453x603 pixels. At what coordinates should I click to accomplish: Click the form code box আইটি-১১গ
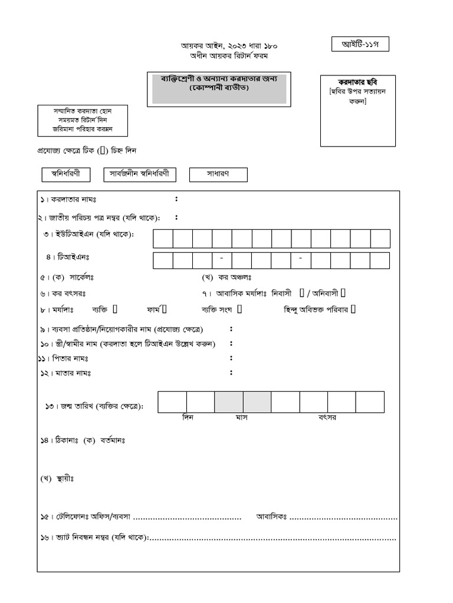[360, 44]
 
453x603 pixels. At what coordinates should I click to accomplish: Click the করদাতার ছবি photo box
[358, 111]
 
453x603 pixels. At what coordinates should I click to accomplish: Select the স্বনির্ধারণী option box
[65, 174]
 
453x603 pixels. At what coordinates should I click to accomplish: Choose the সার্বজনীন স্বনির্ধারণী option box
[140, 174]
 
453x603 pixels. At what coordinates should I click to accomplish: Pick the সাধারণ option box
[218, 174]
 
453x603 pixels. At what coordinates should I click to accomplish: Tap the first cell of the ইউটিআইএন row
[163, 239]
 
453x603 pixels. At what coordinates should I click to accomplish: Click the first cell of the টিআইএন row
[163, 260]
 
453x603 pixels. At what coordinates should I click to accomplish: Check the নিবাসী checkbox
[302, 293]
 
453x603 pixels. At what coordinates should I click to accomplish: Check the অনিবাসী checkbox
[343, 293]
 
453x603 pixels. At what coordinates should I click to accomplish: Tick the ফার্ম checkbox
[165, 309]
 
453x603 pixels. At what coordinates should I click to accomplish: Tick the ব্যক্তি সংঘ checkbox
[240, 309]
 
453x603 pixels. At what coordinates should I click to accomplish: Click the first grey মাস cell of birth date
[229, 402]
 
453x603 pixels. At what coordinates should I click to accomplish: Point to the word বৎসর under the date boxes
[327, 418]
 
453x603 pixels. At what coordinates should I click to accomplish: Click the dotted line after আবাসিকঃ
[343, 518]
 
